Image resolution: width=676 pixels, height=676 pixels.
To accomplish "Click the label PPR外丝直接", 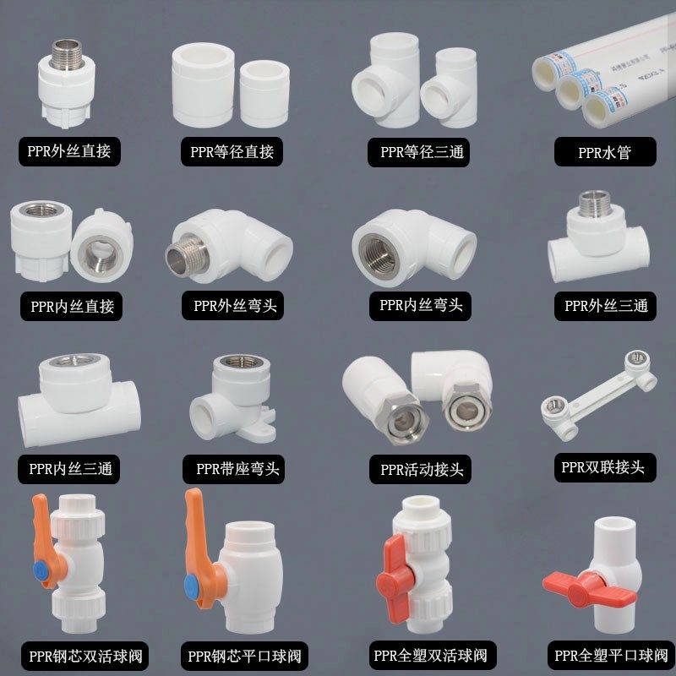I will point(68,152).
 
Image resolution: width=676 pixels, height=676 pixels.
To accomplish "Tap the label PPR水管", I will point(604,153).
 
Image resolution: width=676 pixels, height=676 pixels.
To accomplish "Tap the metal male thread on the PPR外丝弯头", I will point(185,257).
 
